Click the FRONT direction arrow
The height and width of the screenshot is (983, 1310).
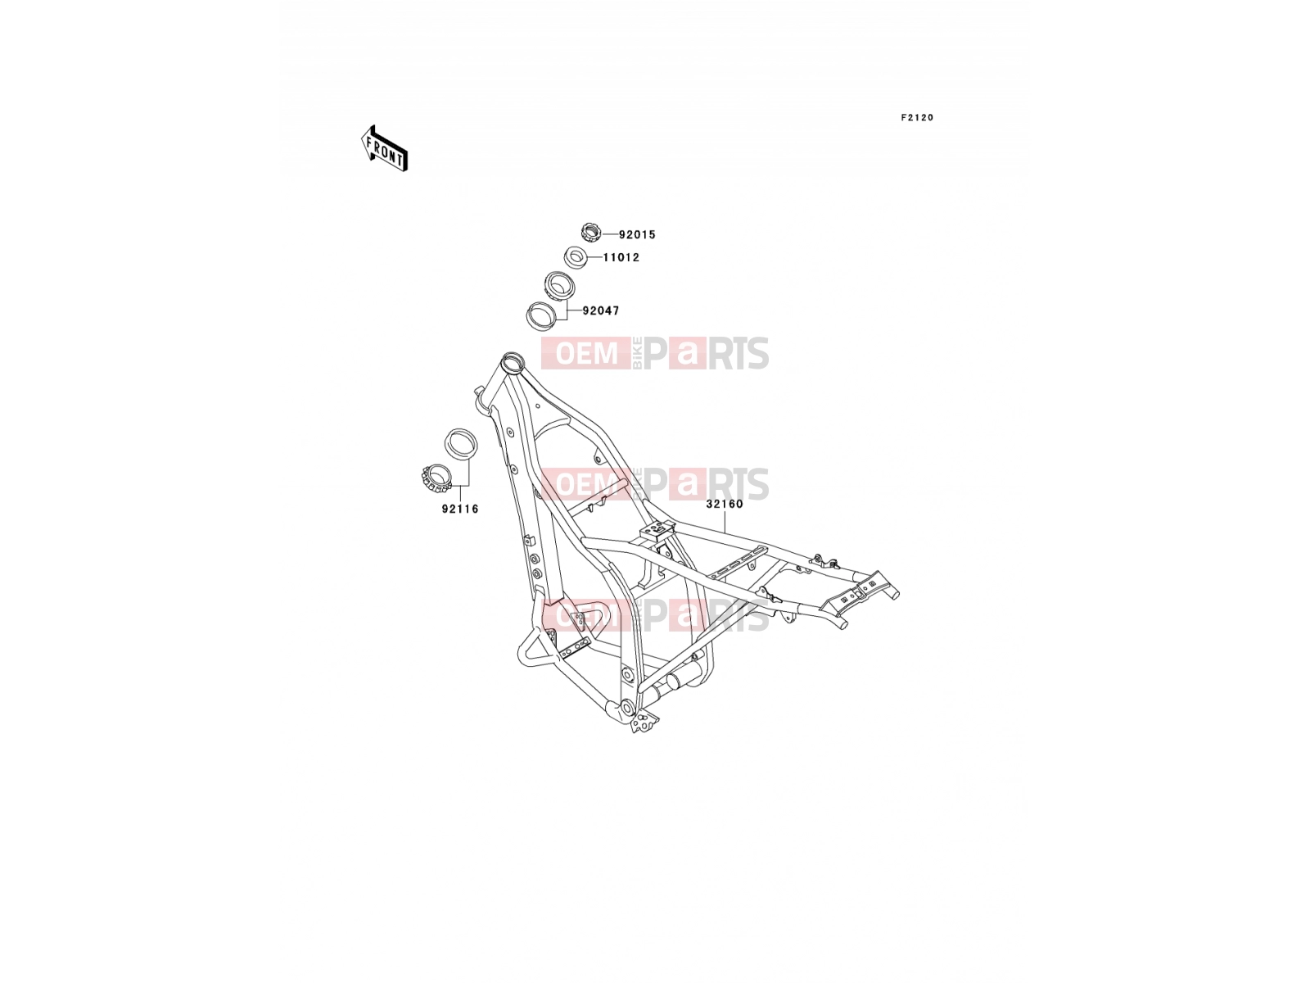pos(384,148)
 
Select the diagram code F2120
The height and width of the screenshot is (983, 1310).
pos(917,118)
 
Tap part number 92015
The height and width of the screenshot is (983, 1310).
pos(637,234)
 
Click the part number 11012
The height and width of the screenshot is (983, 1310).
pos(621,257)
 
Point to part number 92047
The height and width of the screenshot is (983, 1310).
pos(600,310)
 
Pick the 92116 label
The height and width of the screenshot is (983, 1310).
pos(459,509)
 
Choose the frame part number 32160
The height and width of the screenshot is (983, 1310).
pos(725,504)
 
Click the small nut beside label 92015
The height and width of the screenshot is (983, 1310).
pos(590,232)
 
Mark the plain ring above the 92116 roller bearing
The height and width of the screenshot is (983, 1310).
pos(461,445)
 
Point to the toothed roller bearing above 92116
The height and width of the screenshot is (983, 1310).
pos(436,478)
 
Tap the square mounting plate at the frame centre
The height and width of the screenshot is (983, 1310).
pos(657,529)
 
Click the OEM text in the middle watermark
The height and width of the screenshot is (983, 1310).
pos(586,483)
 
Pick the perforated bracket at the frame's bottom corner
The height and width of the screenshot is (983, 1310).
pos(644,723)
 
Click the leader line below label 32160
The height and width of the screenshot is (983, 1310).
pos(725,521)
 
